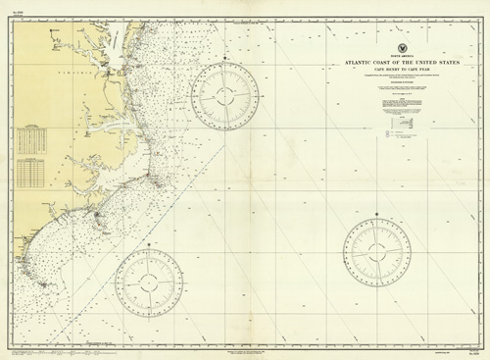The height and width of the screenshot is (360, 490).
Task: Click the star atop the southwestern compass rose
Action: coord(149,241)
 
